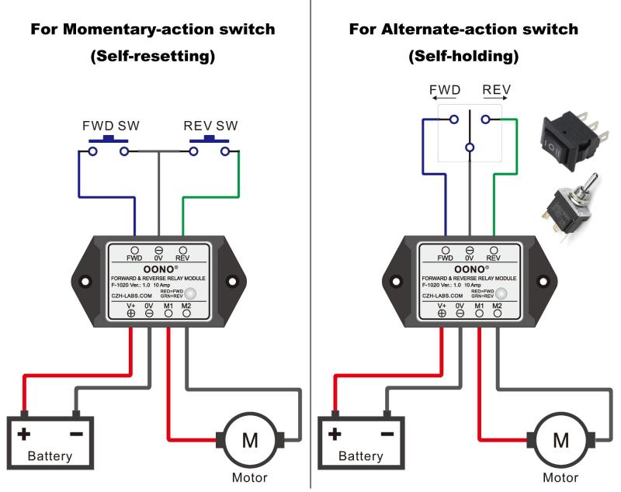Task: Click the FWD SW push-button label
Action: tap(106, 126)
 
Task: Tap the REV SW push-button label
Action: tap(210, 126)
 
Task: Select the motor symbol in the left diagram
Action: tap(250, 440)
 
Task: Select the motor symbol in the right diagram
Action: tap(561, 440)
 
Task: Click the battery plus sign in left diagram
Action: tap(25, 434)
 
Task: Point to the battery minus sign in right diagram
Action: tap(387, 434)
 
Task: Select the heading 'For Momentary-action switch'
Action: tap(152, 30)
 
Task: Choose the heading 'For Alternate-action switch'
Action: tap(463, 30)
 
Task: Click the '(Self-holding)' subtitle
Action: tap(463, 57)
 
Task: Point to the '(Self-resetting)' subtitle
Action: tap(152, 57)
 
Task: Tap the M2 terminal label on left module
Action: tap(186, 306)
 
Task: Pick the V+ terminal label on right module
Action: tap(442, 306)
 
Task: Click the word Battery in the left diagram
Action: tap(50, 456)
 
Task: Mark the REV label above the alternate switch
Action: tap(496, 90)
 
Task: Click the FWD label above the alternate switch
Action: tap(445, 90)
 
